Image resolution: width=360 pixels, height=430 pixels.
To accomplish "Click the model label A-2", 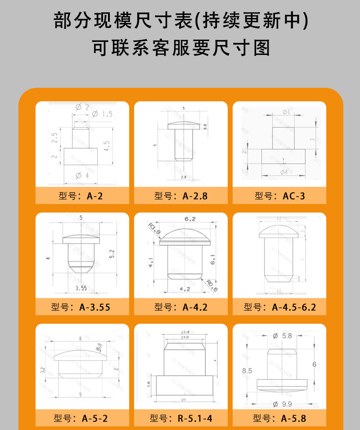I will click(81, 196).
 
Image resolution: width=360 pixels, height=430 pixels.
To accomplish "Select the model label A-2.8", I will click(181, 196).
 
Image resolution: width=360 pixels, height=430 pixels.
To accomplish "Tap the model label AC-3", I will click(279, 196).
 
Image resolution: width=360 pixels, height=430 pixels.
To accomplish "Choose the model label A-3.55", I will click(81, 308).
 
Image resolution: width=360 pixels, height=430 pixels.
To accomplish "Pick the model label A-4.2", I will click(181, 308).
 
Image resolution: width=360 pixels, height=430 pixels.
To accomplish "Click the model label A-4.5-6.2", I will click(279, 308).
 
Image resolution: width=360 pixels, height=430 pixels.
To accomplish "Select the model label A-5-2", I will click(81, 419).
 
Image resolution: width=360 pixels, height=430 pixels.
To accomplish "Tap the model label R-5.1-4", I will click(181, 419).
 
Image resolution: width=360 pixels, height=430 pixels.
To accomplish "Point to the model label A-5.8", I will click(279, 419).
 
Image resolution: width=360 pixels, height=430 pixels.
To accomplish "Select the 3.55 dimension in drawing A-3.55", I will click(81, 288).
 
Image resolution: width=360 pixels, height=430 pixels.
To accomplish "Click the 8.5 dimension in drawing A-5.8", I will click(247, 371).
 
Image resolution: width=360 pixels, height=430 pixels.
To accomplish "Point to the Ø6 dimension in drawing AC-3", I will click(283, 172).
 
